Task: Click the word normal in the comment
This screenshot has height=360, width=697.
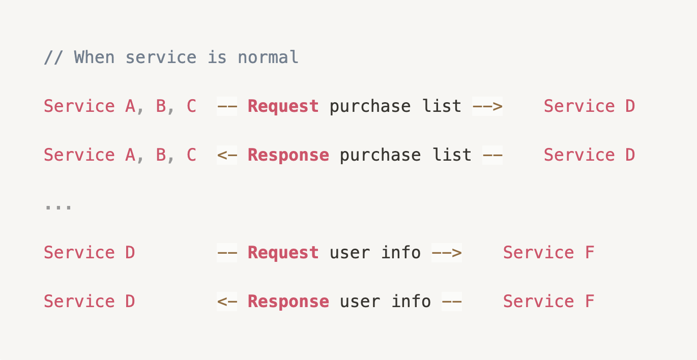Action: click(268, 57)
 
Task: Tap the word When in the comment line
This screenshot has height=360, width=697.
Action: click(94, 57)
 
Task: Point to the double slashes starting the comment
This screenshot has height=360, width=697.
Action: click(53, 57)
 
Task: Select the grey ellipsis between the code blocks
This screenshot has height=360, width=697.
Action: click(58, 206)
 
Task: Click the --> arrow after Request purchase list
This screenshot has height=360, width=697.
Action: click(487, 106)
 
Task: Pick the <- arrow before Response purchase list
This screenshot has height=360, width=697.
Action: click(227, 155)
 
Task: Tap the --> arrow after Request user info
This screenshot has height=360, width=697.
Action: click(447, 253)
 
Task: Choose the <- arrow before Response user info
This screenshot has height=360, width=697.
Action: click(227, 302)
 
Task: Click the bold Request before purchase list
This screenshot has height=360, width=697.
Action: click(283, 106)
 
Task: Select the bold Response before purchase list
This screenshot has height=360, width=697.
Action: click(288, 155)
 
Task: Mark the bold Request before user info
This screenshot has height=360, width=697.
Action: click(283, 253)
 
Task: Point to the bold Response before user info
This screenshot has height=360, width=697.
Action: click(288, 302)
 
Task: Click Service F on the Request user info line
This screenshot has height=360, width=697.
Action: click(548, 253)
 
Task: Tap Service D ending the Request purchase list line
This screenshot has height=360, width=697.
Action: click(589, 106)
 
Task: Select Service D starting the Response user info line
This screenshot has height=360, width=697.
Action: click(89, 302)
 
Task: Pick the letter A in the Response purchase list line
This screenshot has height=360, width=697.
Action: click(130, 155)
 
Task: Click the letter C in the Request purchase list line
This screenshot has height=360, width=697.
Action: click(191, 106)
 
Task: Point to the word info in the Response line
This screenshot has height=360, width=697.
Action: click(411, 302)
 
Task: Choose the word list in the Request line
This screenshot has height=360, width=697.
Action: click(442, 106)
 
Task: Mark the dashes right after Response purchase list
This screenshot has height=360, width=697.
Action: click(492, 155)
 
